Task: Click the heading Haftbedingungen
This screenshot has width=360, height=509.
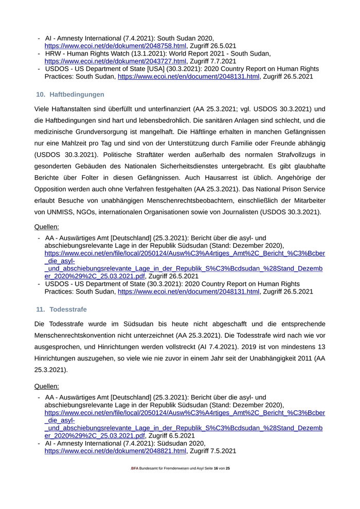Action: click(77, 95)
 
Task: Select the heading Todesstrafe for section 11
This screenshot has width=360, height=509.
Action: click(68, 310)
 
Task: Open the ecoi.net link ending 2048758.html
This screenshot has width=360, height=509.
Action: click(115, 46)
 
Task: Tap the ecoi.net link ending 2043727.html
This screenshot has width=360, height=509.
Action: click(115, 61)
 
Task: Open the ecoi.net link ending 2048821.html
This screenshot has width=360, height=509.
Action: click(115, 451)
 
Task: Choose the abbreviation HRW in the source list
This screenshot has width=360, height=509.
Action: click(53, 53)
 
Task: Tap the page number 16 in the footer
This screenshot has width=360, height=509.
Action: click(216, 468)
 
